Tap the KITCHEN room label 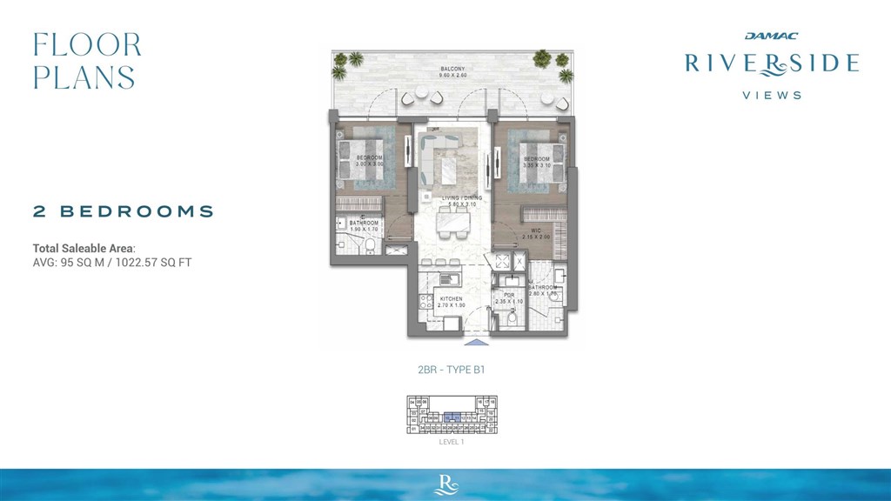pyautogui.click(x=439, y=298)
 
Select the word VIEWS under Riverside pyautogui.click(x=772, y=96)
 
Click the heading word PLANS pyautogui.click(x=84, y=77)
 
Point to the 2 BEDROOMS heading pyautogui.click(x=124, y=210)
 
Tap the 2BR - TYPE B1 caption pyautogui.click(x=451, y=369)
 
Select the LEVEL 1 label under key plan pyautogui.click(x=452, y=442)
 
